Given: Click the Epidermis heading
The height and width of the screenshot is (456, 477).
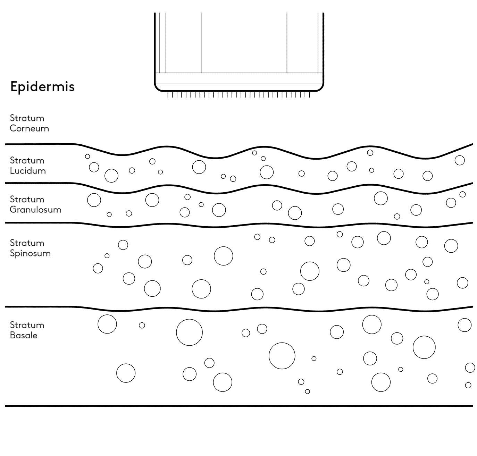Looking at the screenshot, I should pyautogui.click(x=42, y=86).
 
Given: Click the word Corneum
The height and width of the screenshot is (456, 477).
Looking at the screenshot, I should pyautogui.click(x=29, y=128).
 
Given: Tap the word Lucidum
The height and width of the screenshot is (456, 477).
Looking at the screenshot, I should pyautogui.click(x=28, y=171).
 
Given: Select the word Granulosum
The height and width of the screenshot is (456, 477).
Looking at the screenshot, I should pyautogui.click(x=35, y=210).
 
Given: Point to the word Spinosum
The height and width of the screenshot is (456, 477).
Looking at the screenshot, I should pyautogui.click(x=30, y=253).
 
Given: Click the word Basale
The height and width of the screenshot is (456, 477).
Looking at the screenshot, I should pyautogui.click(x=24, y=336).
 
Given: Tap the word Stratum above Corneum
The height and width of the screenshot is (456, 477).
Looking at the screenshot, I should pyautogui.click(x=27, y=118).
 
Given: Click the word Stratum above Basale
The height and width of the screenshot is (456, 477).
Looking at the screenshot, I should pyautogui.click(x=27, y=325).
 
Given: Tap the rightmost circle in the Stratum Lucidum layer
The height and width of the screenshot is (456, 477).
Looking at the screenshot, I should pyautogui.click(x=460, y=160).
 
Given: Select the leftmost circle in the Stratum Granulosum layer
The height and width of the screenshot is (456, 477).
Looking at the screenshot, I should pyautogui.click(x=94, y=200).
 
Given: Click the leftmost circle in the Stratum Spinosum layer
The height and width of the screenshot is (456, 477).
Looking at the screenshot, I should pyautogui.click(x=98, y=268).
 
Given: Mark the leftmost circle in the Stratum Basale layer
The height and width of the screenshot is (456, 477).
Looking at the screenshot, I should pyautogui.click(x=107, y=324).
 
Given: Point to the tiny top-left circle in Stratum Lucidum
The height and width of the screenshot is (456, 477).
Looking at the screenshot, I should pyautogui.click(x=87, y=157).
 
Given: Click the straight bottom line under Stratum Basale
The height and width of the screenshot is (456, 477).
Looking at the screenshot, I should pyautogui.click(x=239, y=406).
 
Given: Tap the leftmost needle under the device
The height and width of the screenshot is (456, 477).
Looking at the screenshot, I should pyautogui.click(x=168, y=95).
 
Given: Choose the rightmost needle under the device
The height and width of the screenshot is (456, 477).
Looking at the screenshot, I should pyautogui.click(x=309, y=95).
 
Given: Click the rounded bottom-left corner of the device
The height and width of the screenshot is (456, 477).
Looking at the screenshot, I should pyautogui.click(x=157, y=88).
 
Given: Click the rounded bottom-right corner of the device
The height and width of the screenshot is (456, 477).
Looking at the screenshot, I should pyautogui.click(x=321, y=88).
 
